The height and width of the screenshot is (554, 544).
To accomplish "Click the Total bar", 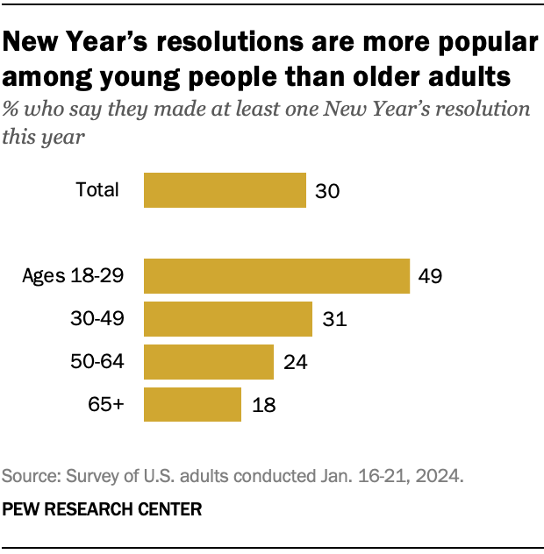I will click(225, 190).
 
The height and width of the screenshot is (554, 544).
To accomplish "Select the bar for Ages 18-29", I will click(276, 276).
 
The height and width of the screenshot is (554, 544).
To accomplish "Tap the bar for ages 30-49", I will click(227, 319).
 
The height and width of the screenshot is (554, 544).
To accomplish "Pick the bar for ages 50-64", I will click(208, 362).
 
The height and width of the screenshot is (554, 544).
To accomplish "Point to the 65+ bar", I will click(192, 404).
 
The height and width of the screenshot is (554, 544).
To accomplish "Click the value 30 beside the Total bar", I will click(328, 190).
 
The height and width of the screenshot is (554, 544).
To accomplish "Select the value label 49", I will click(430, 277).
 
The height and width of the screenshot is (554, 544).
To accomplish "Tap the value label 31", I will click(334, 320).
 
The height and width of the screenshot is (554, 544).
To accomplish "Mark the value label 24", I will click(296, 362).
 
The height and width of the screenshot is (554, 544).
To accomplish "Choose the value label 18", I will click(263, 405).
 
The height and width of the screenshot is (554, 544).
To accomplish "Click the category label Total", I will click(97, 189).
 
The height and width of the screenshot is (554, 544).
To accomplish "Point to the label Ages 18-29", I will click(73, 276).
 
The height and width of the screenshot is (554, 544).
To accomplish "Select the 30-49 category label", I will click(96, 319).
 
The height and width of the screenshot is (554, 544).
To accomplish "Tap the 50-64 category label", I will click(96, 362).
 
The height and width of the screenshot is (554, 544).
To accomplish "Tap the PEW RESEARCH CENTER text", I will click(103, 508).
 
